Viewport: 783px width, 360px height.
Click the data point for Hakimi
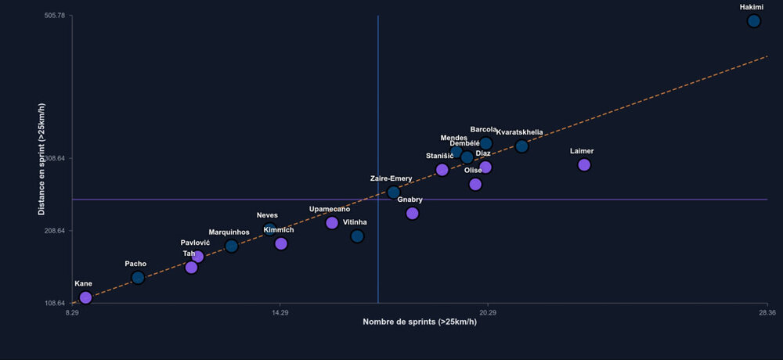753,21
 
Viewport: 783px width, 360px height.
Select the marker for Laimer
583,164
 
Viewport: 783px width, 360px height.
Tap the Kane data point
85,297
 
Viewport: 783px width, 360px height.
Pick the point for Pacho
138,277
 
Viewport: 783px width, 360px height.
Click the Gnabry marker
412,213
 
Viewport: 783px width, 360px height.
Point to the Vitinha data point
357,236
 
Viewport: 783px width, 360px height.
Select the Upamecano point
332,222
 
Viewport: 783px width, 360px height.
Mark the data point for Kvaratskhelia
521,146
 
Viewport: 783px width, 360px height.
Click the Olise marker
475,184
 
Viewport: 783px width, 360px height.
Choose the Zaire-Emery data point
393,192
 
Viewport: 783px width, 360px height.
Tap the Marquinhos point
231,246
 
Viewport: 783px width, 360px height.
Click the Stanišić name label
440,156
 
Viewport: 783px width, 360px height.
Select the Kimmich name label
279,229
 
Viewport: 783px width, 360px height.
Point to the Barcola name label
484,129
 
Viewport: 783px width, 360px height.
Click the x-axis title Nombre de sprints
420,322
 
